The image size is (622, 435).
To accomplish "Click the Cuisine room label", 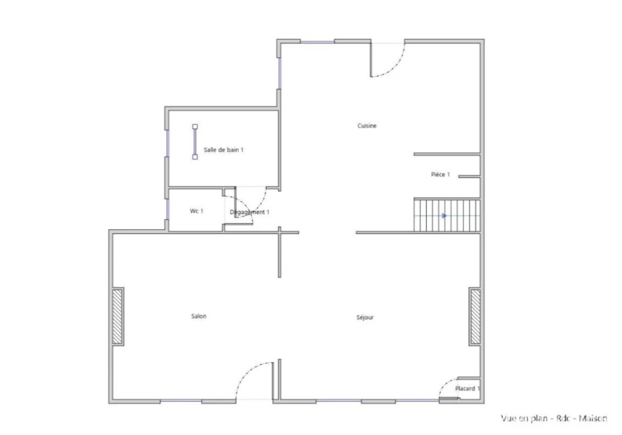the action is pyautogui.click(x=367, y=126).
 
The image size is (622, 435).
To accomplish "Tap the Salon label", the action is pyautogui.click(x=199, y=317).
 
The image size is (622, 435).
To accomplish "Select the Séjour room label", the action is pyautogui.click(x=365, y=318).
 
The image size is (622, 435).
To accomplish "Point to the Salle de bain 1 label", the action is pyautogui.click(x=224, y=149).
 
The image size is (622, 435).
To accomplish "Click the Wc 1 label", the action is pyautogui.click(x=196, y=211).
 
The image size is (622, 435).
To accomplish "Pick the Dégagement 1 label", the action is pyautogui.click(x=250, y=213).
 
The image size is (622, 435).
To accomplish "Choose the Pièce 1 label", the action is pyautogui.click(x=440, y=174).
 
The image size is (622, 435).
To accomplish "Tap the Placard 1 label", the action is pyautogui.click(x=467, y=389).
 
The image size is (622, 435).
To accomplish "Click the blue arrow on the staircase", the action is pyautogui.click(x=444, y=216).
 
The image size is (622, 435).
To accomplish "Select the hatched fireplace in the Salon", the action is pyautogui.click(x=117, y=317).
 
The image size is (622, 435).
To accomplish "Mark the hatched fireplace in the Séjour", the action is pyautogui.click(x=475, y=317).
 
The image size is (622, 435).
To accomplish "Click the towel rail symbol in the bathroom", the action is pyautogui.click(x=195, y=142).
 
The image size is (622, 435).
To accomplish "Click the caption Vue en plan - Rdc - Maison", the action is pyautogui.click(x=554, y=419).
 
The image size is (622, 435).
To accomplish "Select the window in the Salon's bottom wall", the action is pyautogui.click(x=181, y=401).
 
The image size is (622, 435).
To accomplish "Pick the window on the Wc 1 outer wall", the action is pyautogui.click(x=167, y=209).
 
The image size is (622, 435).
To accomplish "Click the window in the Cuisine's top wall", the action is pyautogui.click(x=317, y=41).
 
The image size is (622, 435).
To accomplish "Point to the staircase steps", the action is pyautogui.click(x=447, y=216).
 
